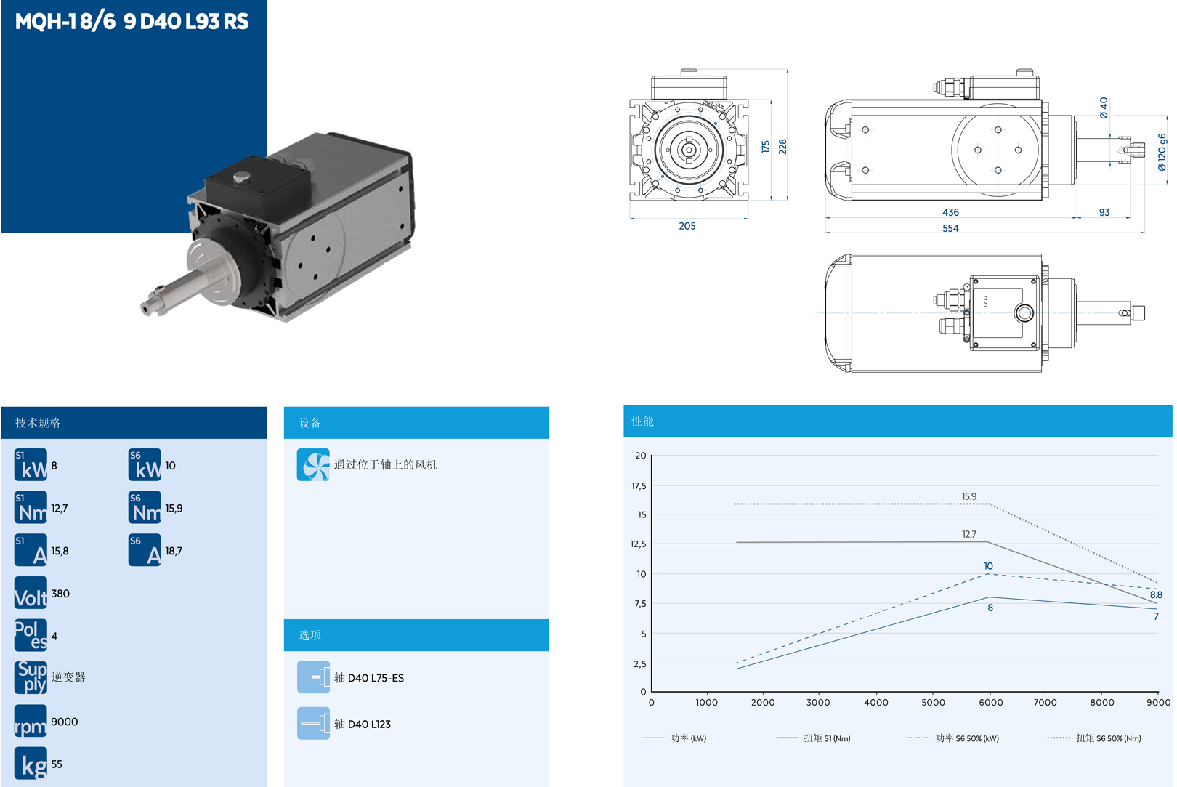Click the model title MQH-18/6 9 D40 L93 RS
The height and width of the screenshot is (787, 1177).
point(132,22)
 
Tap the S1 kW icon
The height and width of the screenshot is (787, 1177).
point(31,465)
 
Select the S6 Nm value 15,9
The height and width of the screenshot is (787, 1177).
point(174,509)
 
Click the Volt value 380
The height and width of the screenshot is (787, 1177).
point(60,594)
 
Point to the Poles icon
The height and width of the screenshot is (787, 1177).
point(31,635)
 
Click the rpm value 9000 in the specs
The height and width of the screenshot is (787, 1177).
point(65,722)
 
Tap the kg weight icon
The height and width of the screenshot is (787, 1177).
point(31,763)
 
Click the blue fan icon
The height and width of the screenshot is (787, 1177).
point(313,465)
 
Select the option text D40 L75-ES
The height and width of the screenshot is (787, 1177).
point(376,678)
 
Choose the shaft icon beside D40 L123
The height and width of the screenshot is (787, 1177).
point(313,723)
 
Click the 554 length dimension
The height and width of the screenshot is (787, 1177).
point(950,229)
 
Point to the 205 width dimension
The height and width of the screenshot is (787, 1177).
point(687,226)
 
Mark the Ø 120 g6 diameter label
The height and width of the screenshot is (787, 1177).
point(1162,152)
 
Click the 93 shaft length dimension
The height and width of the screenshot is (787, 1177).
point(1104,212)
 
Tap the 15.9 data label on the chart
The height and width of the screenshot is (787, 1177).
point(969,496)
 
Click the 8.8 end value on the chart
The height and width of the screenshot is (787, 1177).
point(1156,594)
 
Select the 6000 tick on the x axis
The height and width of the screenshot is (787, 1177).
point(990,703)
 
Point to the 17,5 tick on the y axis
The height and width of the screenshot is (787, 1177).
point(639,486)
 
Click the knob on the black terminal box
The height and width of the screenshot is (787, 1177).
point(241,177)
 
